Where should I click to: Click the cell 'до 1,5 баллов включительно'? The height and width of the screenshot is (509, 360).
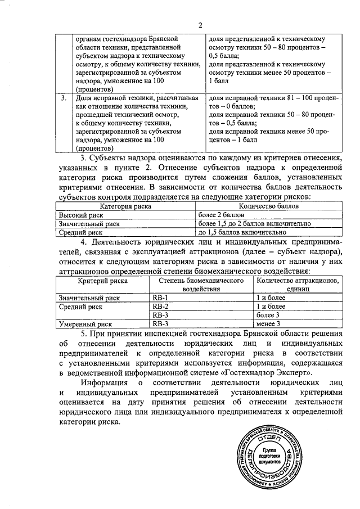point(244,231)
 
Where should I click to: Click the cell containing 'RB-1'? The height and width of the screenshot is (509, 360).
point(161,297)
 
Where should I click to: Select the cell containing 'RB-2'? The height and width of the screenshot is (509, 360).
point(161,307)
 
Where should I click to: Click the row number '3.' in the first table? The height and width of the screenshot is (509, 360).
point(64,98)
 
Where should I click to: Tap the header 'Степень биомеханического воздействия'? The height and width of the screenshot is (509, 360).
point(200,285)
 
